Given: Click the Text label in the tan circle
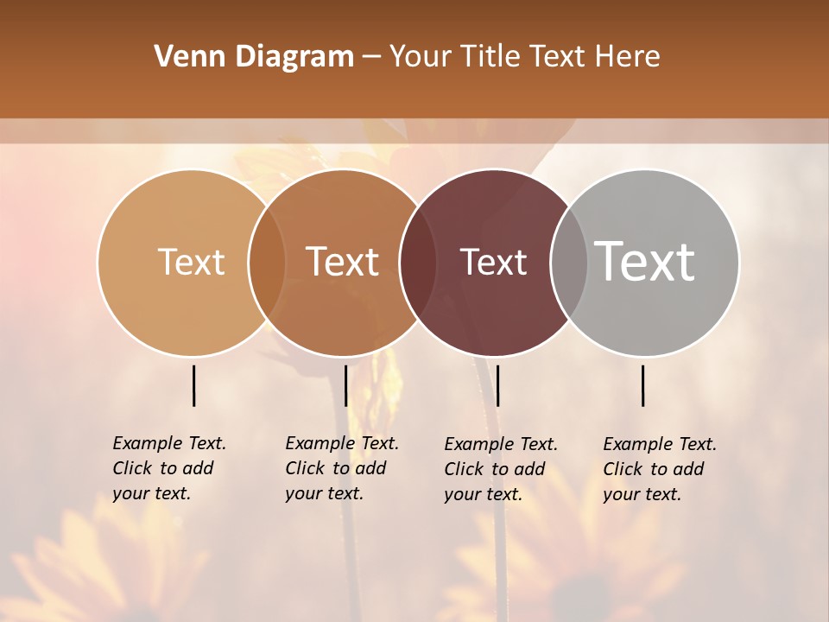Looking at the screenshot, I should click(x=191, y=262).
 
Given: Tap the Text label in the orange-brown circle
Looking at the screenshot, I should click(x=343, y=262).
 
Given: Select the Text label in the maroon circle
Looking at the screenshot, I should click(x=494, y=263).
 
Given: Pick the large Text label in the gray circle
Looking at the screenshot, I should click(x=645, y=261).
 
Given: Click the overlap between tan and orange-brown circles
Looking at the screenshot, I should click(x=267, y=263).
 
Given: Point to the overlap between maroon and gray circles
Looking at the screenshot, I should click(x=569, y=263).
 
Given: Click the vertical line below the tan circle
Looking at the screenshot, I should click(x=194, y=385).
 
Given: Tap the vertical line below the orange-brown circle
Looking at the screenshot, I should click(x=345, y=385).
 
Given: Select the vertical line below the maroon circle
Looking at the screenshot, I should click(x=497, y=385).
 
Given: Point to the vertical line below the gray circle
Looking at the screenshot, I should click(x=643, y=385).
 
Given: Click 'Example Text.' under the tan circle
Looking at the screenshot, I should click(x=169, y=443).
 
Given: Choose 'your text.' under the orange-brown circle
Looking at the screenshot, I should click(x=324, y=493).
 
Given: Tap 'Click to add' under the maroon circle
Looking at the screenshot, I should click(x=495, y=469).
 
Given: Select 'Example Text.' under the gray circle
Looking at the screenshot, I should click(x=660, y=444).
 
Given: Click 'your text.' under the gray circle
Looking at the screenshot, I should click(x=642, y=494).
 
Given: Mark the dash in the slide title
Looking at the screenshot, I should click(x=371, y=57).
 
